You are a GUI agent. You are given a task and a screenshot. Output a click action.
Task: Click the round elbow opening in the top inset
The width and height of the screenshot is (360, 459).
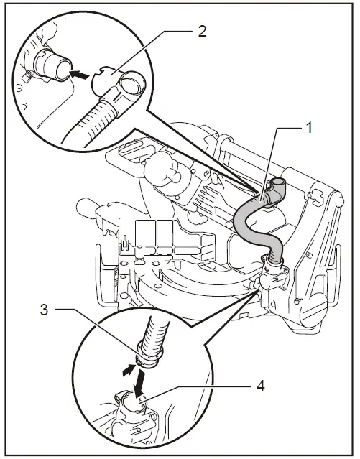click(131, 83)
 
